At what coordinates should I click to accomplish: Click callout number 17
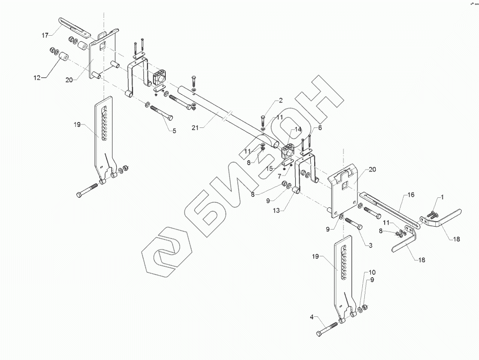45,35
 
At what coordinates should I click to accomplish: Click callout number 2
280,101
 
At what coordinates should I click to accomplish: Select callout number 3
370,245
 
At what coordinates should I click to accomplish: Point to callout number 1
442,197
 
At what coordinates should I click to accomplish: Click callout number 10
372,272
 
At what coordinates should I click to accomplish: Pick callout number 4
312,317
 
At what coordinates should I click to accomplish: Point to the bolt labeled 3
353,224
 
